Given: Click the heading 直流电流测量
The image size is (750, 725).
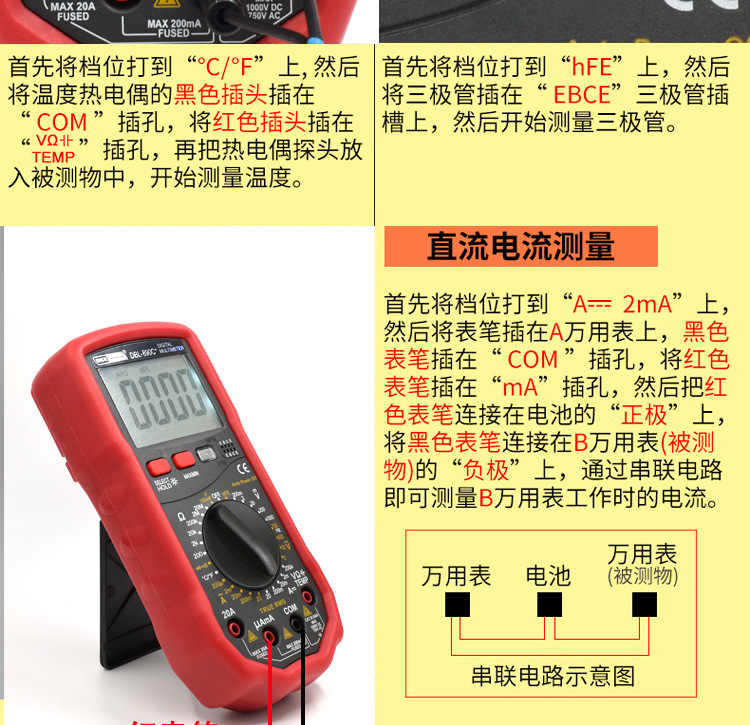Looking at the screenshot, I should click(x=520, y=246).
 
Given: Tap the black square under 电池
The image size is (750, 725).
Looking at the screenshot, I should click(x=549, y=606).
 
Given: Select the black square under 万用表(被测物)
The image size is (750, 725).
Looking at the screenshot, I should click(x=644, y=606).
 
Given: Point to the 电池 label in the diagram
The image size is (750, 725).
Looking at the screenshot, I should click(x=548, y=575).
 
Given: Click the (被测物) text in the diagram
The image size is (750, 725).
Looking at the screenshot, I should click(x=643, y=577).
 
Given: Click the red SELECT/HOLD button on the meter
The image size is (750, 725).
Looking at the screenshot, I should click(x=158, y=467).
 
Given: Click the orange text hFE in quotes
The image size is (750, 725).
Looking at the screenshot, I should click(x=591, y=68).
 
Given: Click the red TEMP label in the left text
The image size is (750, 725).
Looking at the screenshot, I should click(x=53, y=157).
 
